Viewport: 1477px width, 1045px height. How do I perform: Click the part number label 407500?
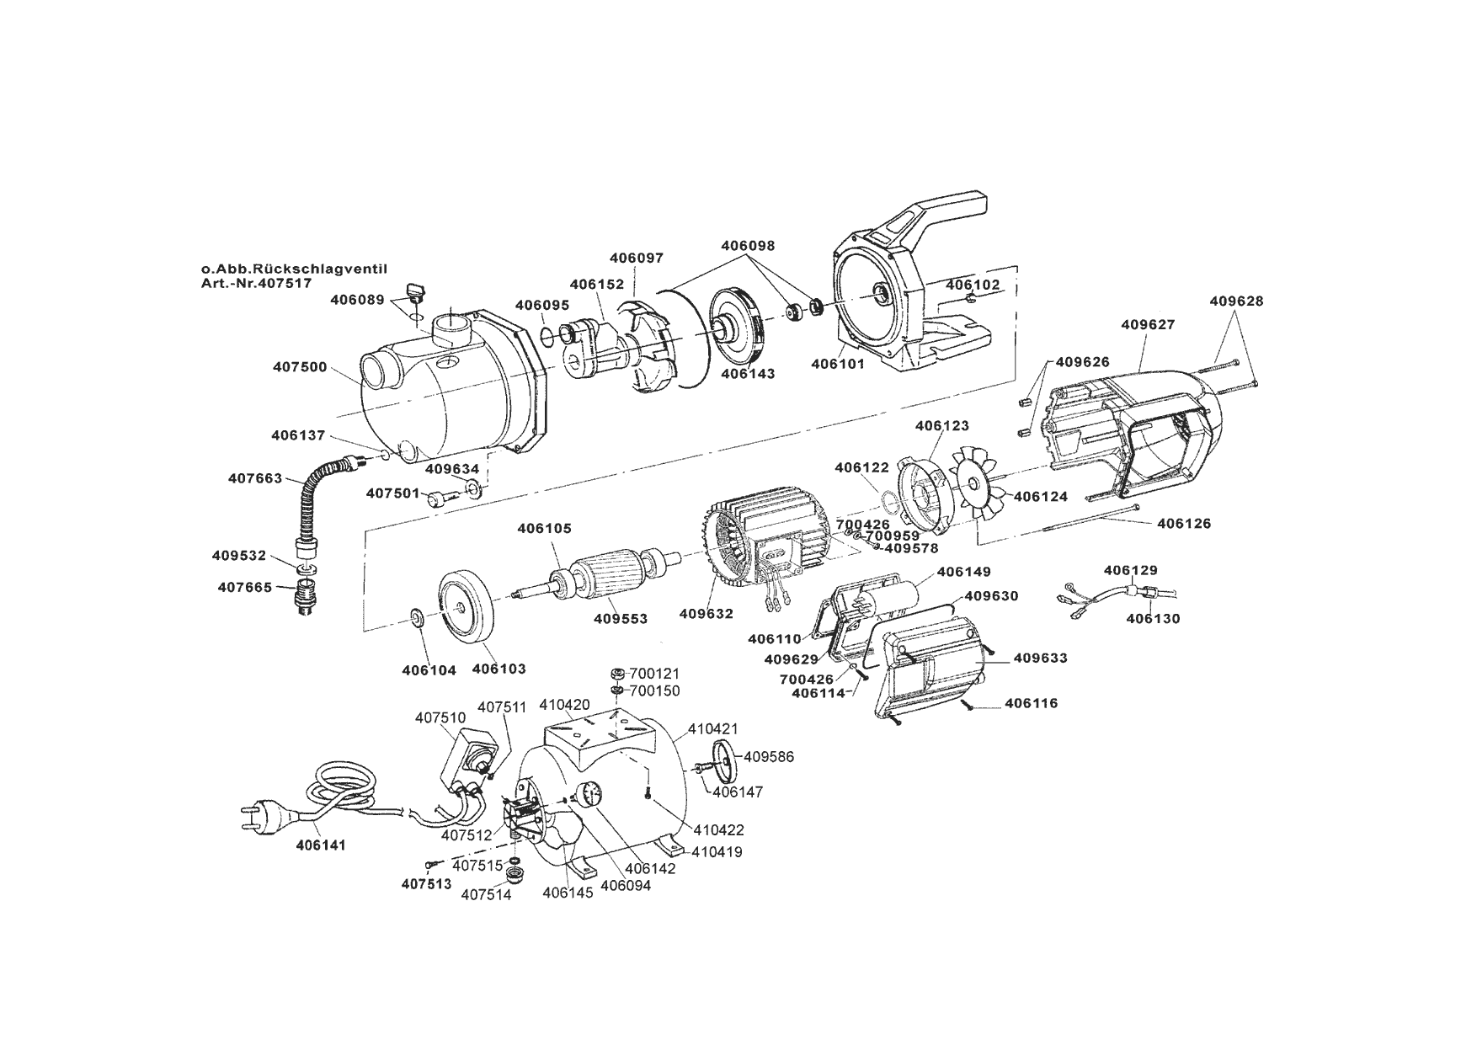point(300,367)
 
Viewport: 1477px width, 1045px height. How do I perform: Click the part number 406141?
point(321,845)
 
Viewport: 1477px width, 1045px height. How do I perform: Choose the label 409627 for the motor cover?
point(1148,324)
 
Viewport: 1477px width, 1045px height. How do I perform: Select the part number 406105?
point(544,529)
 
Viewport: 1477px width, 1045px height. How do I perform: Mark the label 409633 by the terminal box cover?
point(1040,658)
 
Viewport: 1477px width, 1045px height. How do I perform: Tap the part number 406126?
point(1184,524)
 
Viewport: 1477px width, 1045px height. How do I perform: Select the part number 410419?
point(717,851)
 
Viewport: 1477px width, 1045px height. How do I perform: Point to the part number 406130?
point(1153,619)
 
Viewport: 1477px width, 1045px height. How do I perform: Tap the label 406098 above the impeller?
point(748,246)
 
